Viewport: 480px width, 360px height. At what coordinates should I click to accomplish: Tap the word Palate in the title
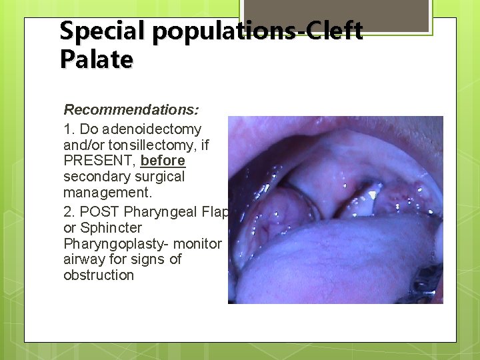96,59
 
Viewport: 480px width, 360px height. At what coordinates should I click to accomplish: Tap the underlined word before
163,161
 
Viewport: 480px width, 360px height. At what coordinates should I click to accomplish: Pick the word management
107,193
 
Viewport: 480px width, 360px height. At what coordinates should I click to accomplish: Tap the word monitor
198,244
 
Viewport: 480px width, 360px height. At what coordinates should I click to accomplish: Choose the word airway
85,259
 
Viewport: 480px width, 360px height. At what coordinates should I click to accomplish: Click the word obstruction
98,275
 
